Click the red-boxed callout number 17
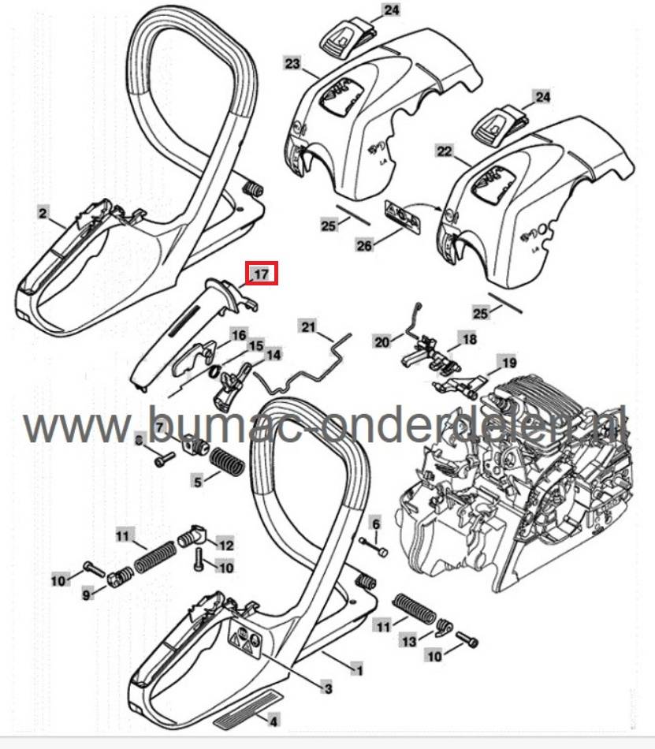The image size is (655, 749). (x=261, y=274)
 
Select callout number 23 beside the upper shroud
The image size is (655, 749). (x=292, y=63)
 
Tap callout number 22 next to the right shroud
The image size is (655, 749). (x=444, y=150)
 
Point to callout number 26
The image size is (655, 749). (x=363, y=246)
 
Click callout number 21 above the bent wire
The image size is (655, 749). (x=307, y=326)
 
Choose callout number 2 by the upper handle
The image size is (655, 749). (x=44, y=212)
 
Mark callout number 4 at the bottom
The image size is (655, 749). (x=274, y=720)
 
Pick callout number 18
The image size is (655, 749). (x=470, y=339)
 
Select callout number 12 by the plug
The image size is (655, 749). (x=225, y=544)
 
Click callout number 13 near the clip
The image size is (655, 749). (x=408, y=643)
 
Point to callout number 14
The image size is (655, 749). (x=274, y=355)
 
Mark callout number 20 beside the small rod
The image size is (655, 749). (x=382, y=341)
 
